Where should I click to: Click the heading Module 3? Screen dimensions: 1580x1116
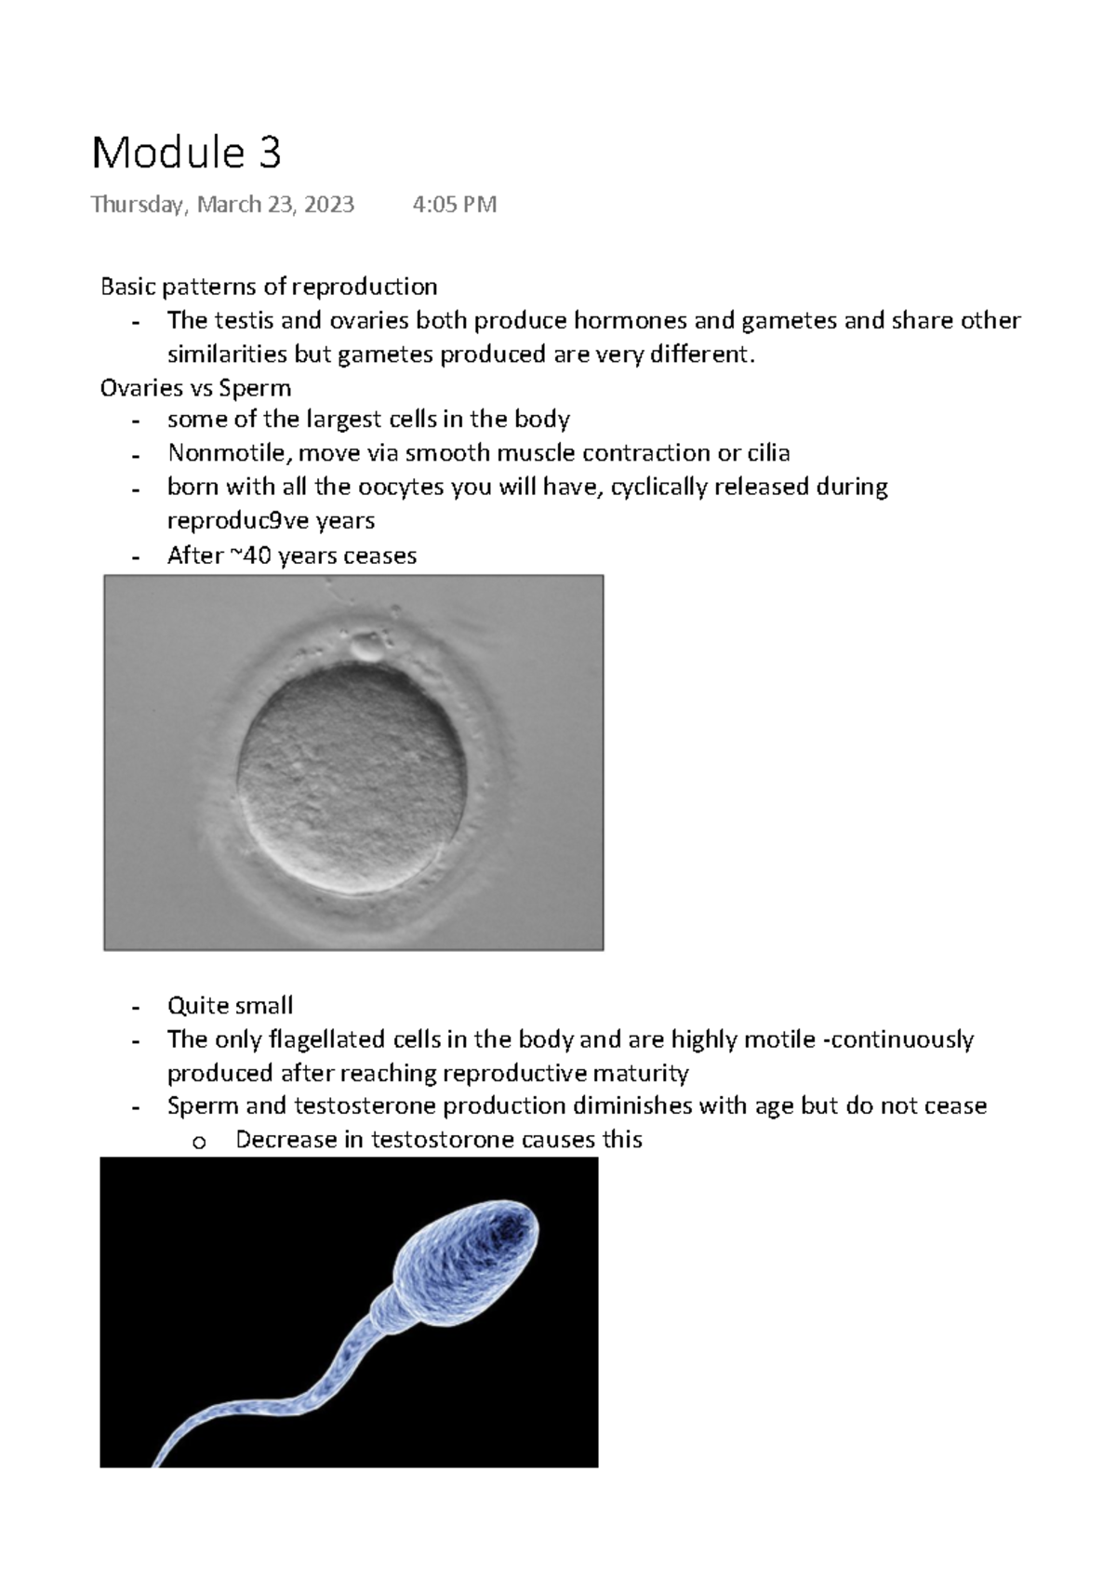pos(186,153)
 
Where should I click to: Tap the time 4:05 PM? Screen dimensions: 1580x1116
pos(454,205)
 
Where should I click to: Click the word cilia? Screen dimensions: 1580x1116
pos(767,453)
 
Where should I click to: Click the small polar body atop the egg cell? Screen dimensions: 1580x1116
pos(365,645)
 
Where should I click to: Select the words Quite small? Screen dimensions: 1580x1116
pos(230,1005)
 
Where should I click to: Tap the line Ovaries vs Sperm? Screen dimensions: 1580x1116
pos(195,388)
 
